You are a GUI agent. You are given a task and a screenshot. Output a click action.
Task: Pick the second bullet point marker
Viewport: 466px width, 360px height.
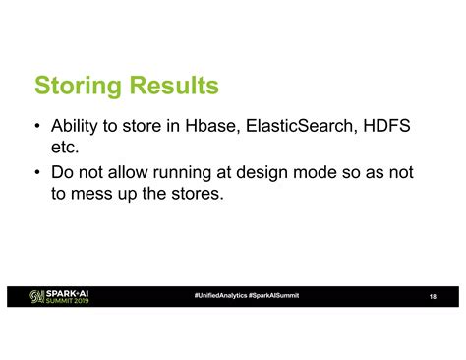pos(36,172)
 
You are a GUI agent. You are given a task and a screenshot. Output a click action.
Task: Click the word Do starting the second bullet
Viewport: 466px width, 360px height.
pos(62,172)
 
